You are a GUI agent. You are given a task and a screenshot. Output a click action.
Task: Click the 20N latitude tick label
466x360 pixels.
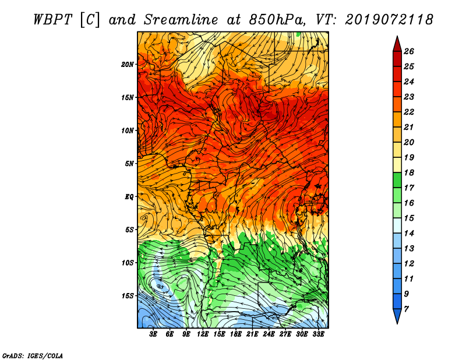(127, 65)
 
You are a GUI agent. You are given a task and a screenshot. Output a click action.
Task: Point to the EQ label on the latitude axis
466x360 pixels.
(129, 197)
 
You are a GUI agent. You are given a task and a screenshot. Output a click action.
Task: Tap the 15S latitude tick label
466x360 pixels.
(128, 296)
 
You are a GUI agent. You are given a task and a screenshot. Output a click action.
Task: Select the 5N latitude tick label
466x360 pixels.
(129, 164)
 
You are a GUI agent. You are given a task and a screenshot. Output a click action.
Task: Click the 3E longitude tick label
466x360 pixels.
(153, 334)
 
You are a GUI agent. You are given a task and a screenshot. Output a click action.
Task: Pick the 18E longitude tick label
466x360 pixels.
(236, 334)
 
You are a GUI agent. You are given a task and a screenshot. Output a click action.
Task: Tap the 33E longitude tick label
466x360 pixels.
(318, 334)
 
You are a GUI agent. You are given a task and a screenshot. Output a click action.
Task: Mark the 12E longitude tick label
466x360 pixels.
(203, 334)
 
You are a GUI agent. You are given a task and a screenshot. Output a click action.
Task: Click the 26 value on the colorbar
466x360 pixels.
(409, 51)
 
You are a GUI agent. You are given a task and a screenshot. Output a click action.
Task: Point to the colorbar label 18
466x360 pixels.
(409, 172)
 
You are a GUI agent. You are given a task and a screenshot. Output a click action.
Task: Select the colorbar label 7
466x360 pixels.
(406, 309)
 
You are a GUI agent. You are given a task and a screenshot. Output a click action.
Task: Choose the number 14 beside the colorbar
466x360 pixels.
(409, 234)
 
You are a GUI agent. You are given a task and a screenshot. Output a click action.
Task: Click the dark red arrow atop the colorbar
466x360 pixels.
(397, 44)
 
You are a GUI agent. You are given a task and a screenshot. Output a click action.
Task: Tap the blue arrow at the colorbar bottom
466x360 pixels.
(397, 316)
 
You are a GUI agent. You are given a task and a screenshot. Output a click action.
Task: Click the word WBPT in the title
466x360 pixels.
(52, 20)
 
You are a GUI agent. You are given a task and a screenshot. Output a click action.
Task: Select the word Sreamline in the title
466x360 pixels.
(181, 20)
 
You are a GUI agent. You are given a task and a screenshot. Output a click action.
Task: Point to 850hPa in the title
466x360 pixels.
(277, 20)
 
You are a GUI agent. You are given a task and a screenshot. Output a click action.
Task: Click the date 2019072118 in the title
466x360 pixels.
(389, 20)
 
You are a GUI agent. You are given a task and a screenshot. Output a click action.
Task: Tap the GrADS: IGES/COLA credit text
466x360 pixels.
(33, 356)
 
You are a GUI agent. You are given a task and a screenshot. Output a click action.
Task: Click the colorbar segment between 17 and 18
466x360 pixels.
(397, 180)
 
